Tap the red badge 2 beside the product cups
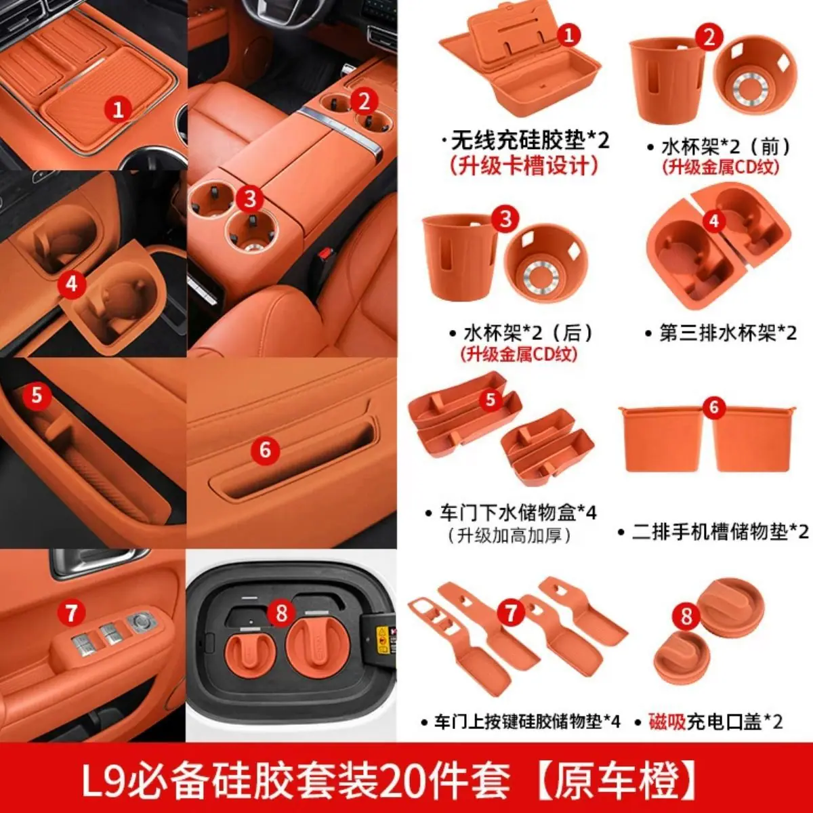[709, 37]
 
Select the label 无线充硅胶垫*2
[530, 140]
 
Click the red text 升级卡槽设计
[523, 165]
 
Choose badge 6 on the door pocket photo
[265, 450]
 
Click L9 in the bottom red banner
[103, 776]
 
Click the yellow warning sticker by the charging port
[383, 640]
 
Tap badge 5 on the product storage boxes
[491, 398]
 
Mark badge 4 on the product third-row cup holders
[714, 221]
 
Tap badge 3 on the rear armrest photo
[250, 199]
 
